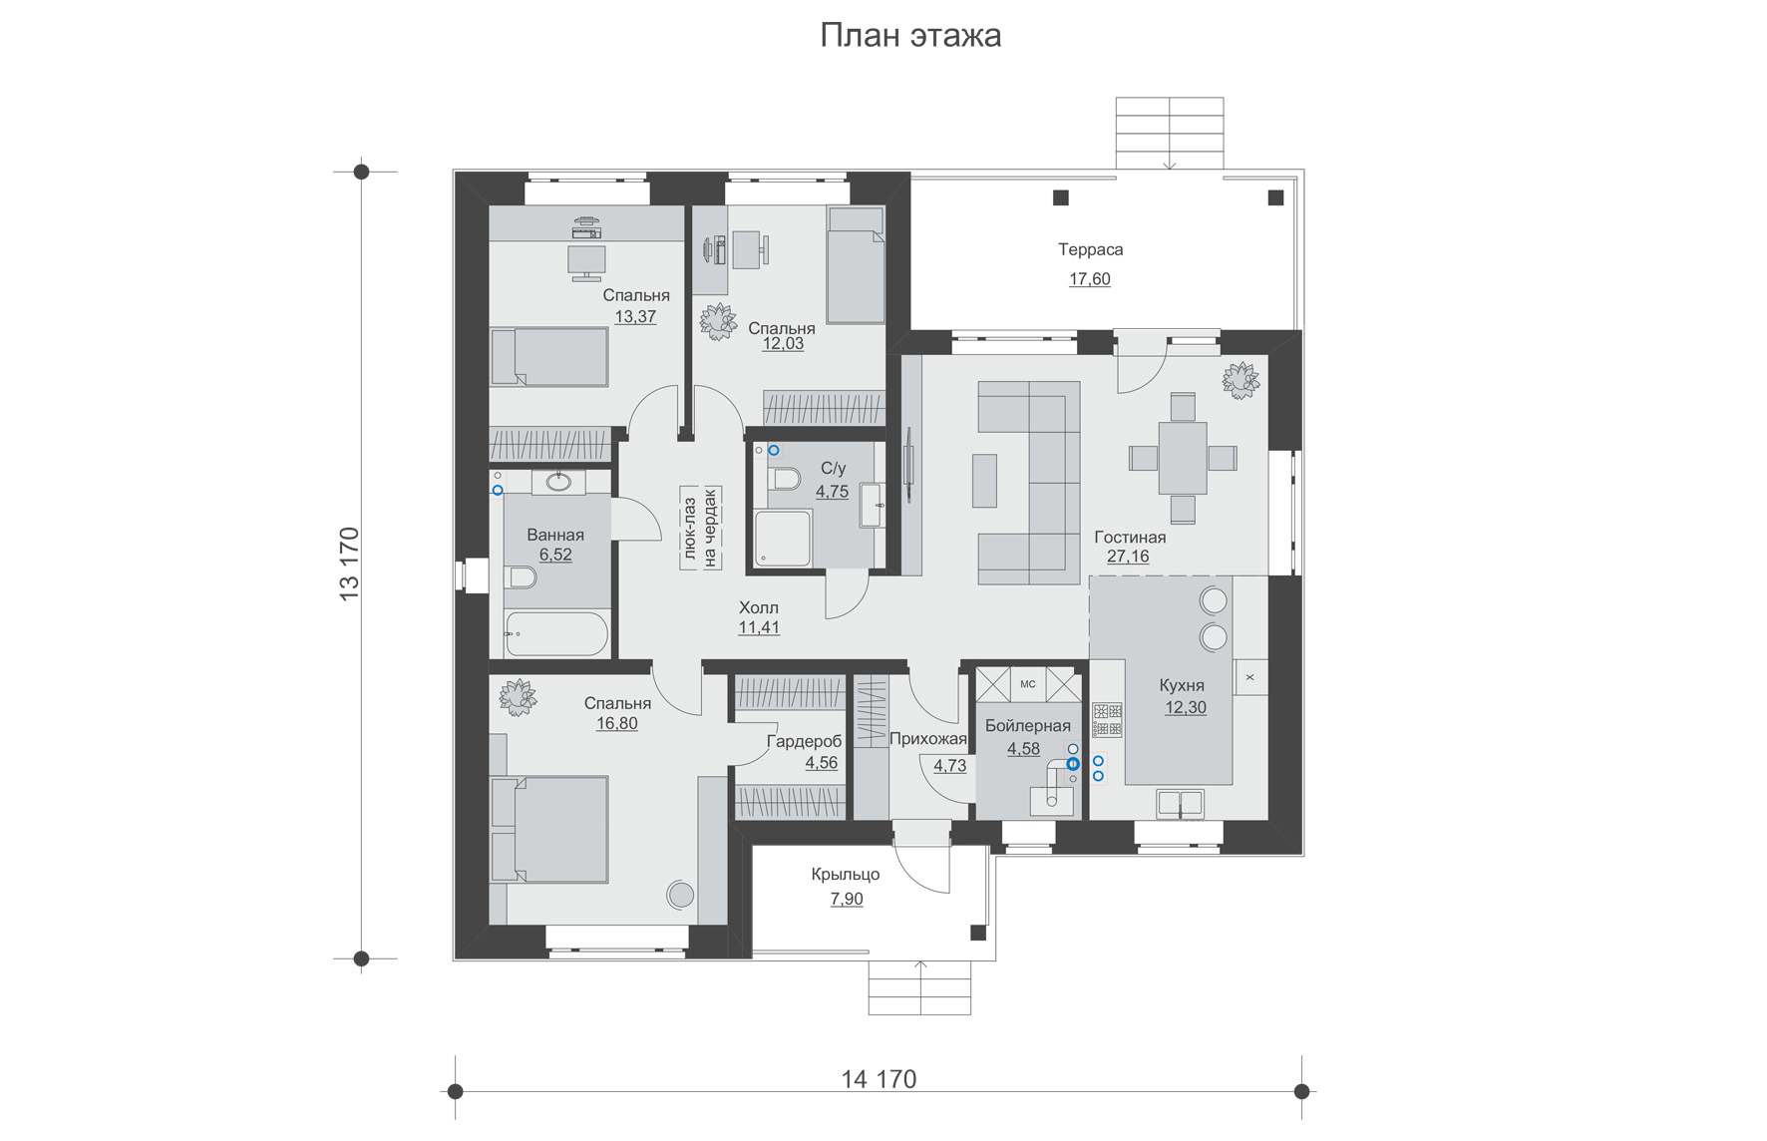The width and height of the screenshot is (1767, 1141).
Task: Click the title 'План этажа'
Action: tap(910, 36)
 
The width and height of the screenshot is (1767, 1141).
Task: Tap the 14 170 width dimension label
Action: tap(879, 1079)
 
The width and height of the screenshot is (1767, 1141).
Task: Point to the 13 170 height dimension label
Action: tap(349, 564)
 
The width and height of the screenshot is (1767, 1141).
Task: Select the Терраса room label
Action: tap(1091, 249)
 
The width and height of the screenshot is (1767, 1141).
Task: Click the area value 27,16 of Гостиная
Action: tap(1128, 557)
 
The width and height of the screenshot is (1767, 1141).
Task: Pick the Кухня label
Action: tap(1182, 685)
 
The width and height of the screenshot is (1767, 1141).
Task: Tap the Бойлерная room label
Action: tap(1028, 726)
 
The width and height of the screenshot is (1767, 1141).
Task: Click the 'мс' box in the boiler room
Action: tap(1028, 684)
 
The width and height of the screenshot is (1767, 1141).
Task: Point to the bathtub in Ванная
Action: tap(556, 633)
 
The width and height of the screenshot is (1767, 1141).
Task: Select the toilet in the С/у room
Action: tap(785, 480)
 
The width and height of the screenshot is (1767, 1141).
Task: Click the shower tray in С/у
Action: tap(783, 539)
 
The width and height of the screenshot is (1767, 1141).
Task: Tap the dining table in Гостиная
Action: tap(1183, 458)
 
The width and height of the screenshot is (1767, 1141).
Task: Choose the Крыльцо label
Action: tap(846, 875)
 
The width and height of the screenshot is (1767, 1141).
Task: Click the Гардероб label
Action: tap(804, 742)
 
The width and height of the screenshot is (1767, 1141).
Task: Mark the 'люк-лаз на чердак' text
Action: tap(700, 528)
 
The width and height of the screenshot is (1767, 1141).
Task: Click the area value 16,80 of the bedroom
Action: tap(617, 724)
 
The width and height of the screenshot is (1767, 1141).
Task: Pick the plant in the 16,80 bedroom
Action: tap(518, 697)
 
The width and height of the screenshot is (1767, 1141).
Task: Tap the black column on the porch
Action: tap(978, 934)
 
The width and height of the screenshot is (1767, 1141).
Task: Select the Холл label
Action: tap(759, 607)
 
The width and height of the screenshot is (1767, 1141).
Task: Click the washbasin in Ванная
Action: tap(558, 483)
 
